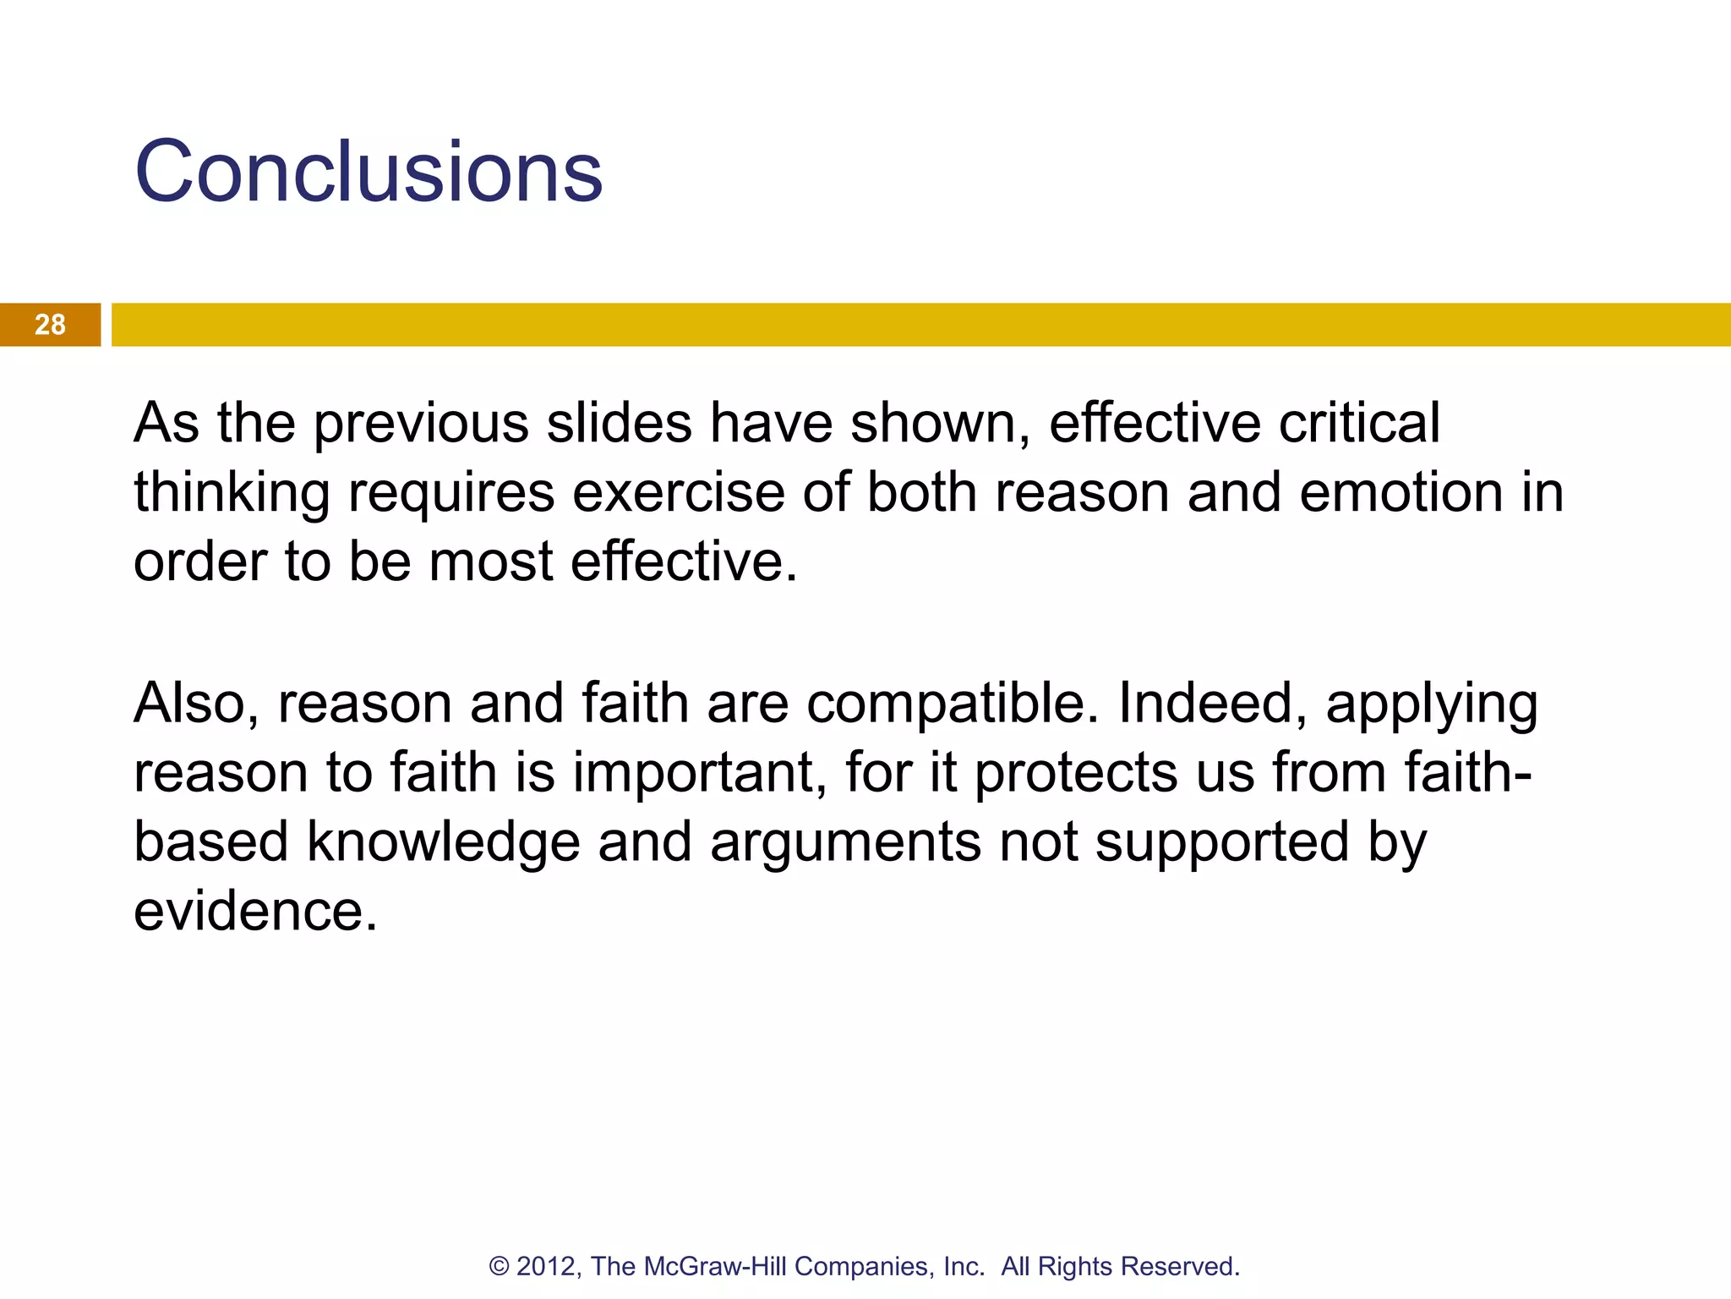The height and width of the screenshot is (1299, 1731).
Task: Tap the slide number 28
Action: (x=50, y=325)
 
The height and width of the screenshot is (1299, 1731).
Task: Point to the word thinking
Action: (x=232, y=494)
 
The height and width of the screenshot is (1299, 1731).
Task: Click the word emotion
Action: (x=1401, y=492)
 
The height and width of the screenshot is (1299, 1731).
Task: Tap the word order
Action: (x=199, y=562)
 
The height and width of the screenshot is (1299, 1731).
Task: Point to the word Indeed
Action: (x=1213, y=703)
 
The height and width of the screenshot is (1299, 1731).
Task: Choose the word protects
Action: (x=1076, y=774)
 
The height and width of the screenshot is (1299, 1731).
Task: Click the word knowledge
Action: (x=443, y=843)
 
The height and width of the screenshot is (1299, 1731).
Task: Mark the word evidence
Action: (x=255, y=912)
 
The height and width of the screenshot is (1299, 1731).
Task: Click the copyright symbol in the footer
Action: (x=499, y=1266)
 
